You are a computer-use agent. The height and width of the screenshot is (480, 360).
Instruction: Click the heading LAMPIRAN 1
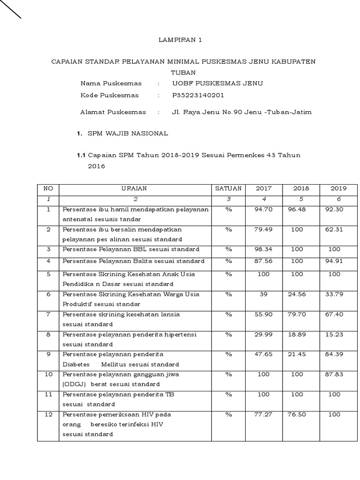180,40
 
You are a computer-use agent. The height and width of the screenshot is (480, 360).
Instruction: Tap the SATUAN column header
228,188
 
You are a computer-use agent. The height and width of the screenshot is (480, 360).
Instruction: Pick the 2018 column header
301,188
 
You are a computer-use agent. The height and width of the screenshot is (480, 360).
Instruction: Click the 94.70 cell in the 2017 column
263,209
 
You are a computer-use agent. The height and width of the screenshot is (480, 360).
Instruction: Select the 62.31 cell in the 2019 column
334,229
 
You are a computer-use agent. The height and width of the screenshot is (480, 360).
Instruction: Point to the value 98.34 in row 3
263,249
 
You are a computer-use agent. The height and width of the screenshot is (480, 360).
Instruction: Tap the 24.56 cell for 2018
297,294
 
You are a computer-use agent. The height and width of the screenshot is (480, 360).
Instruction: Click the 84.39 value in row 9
334,354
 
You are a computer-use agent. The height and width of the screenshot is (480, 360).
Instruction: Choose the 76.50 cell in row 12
297,415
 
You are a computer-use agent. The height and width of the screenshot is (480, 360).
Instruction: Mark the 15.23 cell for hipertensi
334,334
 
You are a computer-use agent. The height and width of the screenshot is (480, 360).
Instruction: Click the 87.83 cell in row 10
334,374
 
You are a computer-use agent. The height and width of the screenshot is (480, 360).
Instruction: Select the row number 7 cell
48,314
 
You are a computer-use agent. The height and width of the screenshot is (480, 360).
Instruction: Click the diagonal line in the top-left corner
10,9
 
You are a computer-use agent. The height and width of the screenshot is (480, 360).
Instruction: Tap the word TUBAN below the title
183,73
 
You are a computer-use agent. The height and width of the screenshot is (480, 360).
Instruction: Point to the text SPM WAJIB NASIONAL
127,134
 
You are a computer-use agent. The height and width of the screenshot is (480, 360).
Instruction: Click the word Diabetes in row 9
74,364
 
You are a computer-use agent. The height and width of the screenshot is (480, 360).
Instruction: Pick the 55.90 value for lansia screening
263,314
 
